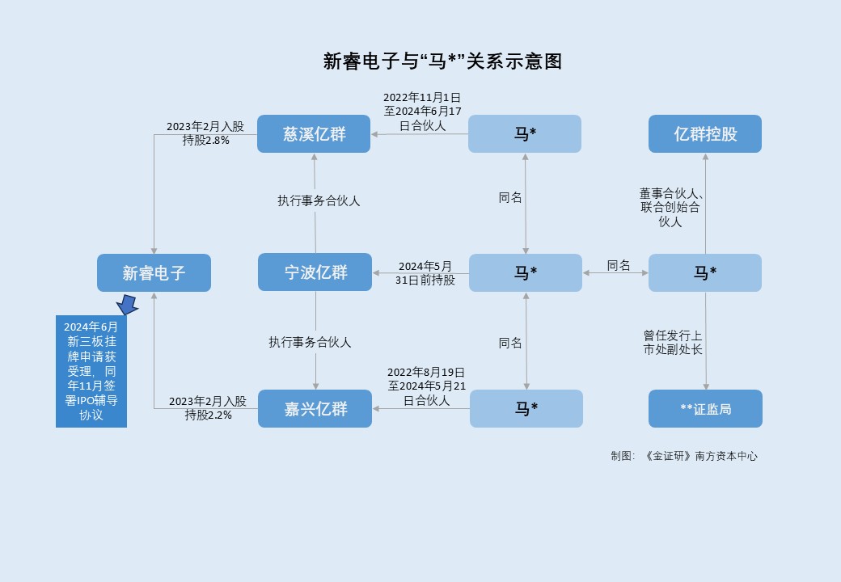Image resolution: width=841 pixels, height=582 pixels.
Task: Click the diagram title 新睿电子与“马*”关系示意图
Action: pos(442,61)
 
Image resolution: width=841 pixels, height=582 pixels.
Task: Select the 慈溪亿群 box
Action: pos(314,134)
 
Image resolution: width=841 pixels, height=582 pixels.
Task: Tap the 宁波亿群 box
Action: pos(315,272)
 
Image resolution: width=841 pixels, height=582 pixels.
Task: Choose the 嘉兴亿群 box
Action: pos(315,409)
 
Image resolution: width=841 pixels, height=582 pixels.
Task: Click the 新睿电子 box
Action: pos(154,273)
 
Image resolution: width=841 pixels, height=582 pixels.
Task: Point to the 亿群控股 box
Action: pos(705,134)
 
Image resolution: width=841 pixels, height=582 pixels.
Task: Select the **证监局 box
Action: pos(705,409)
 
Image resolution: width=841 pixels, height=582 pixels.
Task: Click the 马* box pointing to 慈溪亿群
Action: pos(525,134)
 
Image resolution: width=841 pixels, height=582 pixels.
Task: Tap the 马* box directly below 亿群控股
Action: pos(705,273)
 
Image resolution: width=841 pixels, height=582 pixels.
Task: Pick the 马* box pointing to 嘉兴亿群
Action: pos(526,409)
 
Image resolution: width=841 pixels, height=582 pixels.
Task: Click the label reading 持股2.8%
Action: pos(205,140)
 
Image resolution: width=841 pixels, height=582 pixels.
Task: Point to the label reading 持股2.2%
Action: pos(208,415)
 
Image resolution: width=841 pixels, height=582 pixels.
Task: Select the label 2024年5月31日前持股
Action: pos(426,273)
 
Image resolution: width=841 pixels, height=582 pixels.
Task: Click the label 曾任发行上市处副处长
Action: pos(673,342)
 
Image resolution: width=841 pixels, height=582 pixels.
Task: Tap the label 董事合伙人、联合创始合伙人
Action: pos(670,207)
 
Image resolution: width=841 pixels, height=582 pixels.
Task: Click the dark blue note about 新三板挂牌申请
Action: pos(91,370)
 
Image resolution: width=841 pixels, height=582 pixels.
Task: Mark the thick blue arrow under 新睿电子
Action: pos(126,305)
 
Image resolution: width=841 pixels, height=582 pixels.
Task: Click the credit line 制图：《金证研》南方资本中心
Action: pos(684,456)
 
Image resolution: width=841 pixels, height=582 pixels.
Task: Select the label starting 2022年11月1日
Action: pos(422,111)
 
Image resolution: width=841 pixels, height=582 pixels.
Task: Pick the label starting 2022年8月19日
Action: pos(426,386)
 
